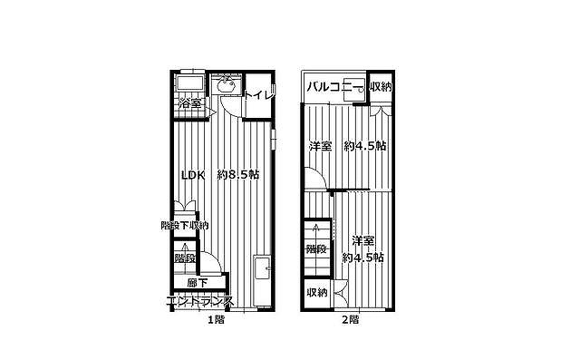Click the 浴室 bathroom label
190,103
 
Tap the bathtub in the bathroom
190,83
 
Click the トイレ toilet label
260,95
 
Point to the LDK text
193,175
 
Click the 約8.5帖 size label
238,175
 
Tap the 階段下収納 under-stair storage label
185,225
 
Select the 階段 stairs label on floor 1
185,258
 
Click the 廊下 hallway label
198,283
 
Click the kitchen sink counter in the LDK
262,280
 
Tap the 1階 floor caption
216,319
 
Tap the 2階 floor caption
350,319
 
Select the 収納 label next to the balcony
381,87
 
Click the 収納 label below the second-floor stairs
317,292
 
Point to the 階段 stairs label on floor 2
316,249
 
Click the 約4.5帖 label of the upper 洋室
365,146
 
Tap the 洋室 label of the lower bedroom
362,241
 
